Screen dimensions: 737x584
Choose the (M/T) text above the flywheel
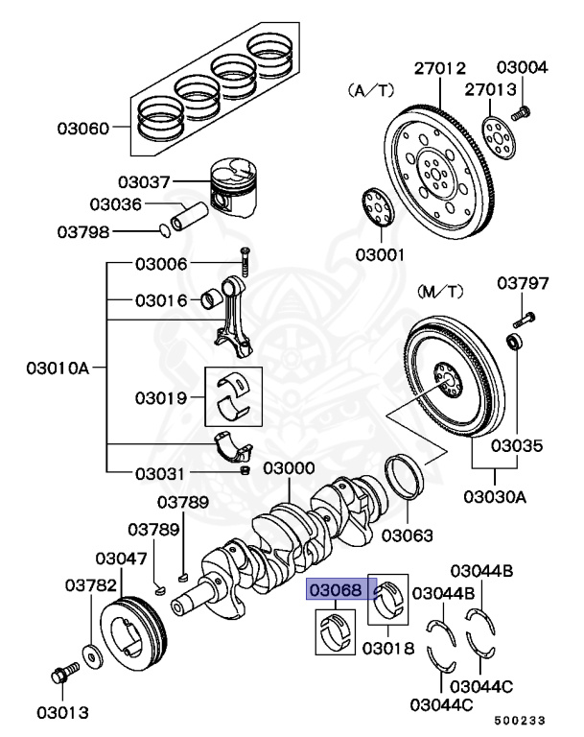[440, 290]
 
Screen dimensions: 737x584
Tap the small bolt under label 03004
[521, 114]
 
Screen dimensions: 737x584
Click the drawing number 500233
[524, 719]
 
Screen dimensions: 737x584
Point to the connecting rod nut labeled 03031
[245, 472]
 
